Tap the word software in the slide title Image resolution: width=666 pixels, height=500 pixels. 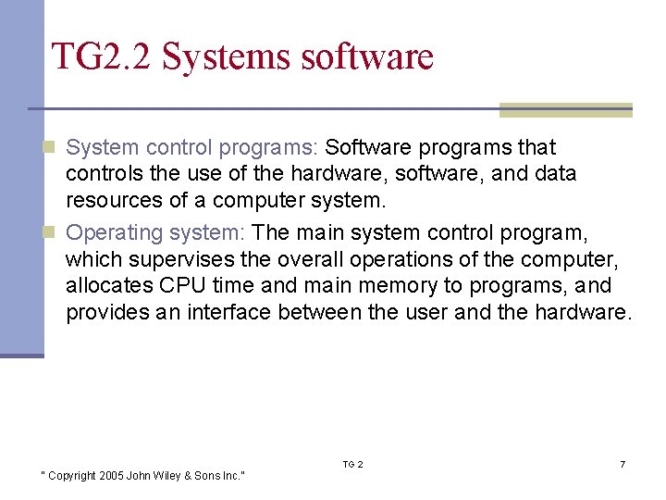(x=367, y=56)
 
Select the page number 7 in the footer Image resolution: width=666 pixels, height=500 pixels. (x=623, y=464)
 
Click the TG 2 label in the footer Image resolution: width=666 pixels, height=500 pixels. (x=353, y=464)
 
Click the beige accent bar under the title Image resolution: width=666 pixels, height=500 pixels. (x=565, y=110)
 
